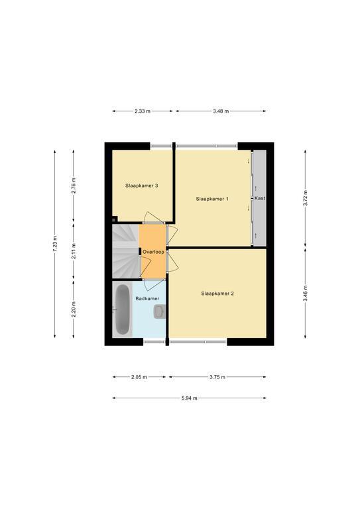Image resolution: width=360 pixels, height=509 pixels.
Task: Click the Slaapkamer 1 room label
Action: [212, 199]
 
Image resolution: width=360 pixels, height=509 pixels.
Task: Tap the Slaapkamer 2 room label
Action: [217, 294]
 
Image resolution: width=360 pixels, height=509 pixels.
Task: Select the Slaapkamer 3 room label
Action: [141, 186]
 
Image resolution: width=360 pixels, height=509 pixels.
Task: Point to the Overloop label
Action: [153, 252]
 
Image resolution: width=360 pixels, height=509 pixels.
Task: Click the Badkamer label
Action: [147, 298]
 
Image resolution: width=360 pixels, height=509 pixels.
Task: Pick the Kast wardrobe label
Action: [260, 198]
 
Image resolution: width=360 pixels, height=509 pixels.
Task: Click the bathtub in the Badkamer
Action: [123, 310]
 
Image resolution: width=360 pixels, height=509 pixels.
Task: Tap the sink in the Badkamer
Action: [159, 311]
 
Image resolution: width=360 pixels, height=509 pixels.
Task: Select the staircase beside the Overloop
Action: [125, 252]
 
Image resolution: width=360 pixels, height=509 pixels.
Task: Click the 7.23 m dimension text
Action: [54, 244]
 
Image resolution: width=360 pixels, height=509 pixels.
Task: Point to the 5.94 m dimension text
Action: [189, 398]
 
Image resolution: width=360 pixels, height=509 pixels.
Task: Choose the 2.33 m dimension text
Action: [143, 111]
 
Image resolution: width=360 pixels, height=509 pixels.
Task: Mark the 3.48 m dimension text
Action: [221, 111]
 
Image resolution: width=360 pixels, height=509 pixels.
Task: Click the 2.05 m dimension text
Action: [139, 377]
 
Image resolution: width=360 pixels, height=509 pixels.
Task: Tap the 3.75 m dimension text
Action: [217, 377]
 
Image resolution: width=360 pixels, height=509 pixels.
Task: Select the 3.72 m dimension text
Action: [305, 198]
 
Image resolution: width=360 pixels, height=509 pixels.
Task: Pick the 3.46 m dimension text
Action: [305, 293]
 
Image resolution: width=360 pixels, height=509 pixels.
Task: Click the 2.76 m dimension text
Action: [74, 186]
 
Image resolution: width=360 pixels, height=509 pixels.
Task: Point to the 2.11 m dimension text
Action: [74, 251]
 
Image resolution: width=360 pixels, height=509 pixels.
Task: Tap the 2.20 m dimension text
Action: [74, 310]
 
